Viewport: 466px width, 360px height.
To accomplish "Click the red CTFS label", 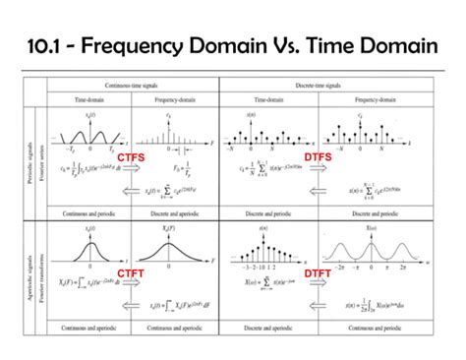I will coord(133,157).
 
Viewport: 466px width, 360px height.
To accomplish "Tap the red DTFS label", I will coord(318,157).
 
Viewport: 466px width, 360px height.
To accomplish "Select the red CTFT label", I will coord(132,272).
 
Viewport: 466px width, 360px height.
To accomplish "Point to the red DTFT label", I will coord(318,272).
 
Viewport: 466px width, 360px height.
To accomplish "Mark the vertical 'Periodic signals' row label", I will coord(34,161).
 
